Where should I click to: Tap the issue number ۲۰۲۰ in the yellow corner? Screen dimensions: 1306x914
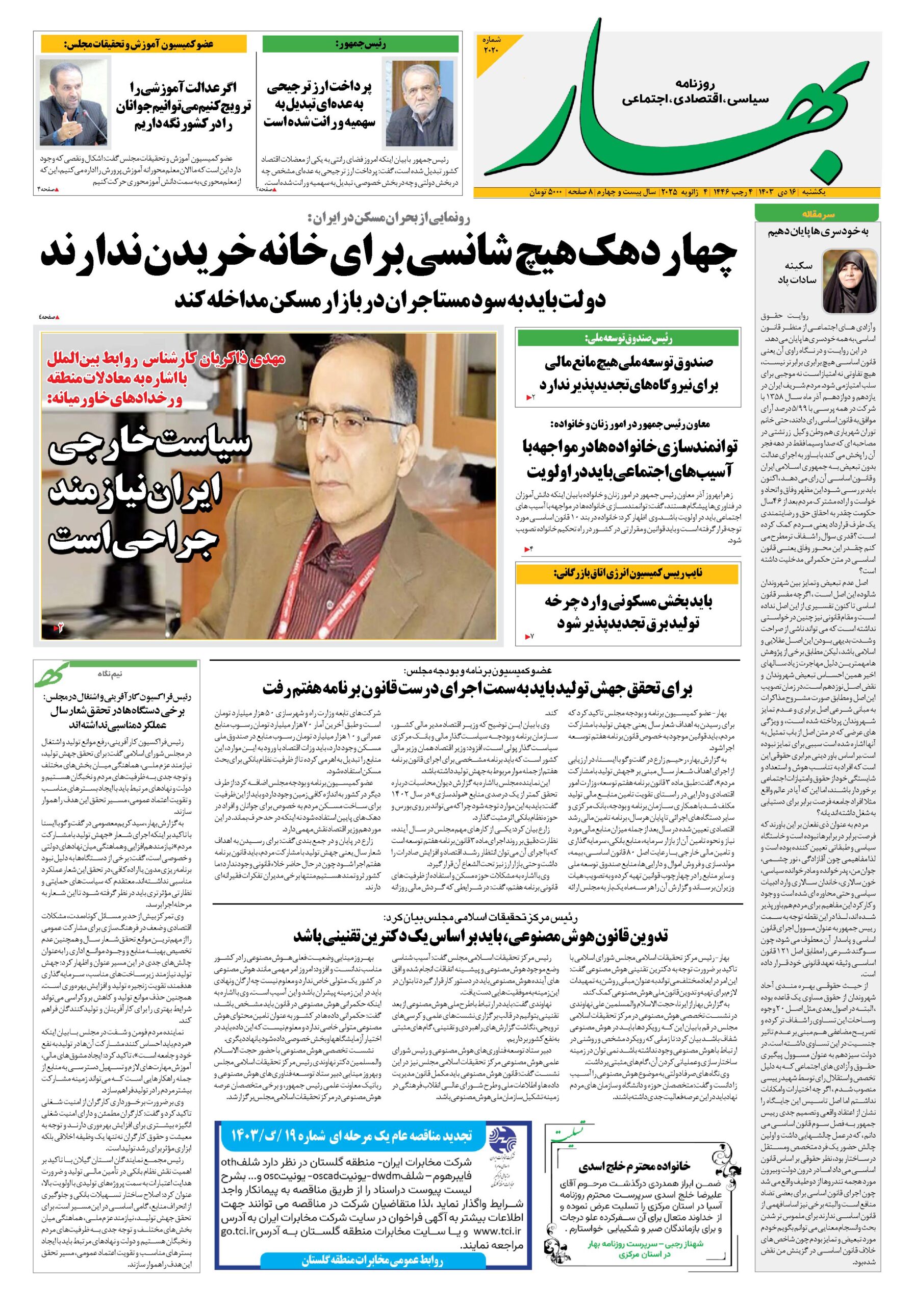click(x=490, y=45)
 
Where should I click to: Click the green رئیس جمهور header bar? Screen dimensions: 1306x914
click(x=360, y=44)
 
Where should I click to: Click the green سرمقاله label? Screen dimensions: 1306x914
click(x=817, y=214)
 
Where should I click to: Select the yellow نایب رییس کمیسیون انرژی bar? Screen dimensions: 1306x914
click(x=628, y=573)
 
